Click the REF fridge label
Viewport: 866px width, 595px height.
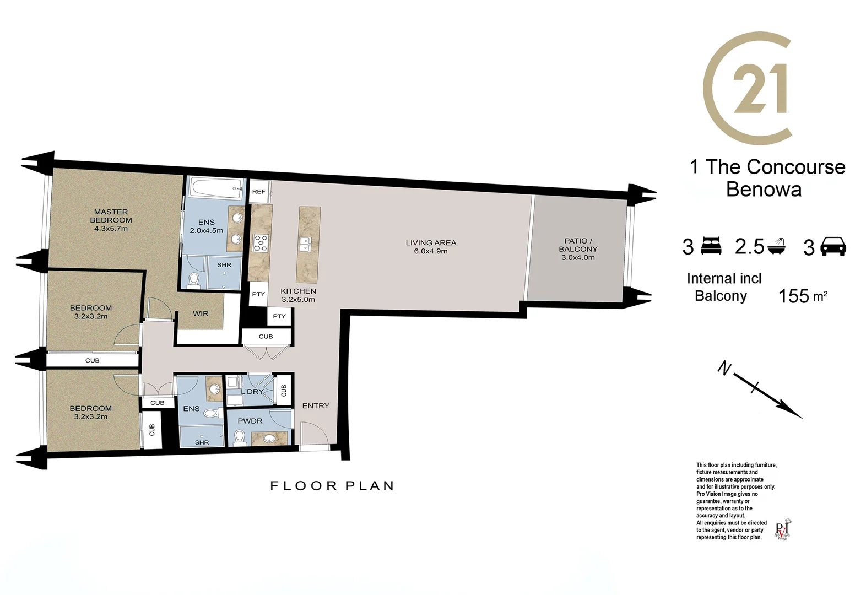258,192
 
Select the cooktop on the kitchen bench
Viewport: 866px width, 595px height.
260,243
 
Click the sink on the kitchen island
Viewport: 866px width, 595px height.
305,243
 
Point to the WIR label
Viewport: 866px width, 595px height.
201,314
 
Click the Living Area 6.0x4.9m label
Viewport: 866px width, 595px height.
431,247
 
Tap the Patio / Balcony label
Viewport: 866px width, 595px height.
577,249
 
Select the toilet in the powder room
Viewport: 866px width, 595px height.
239,437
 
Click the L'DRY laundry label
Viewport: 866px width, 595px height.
252,392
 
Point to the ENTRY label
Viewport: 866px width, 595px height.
316,406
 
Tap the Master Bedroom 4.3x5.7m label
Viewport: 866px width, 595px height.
111,220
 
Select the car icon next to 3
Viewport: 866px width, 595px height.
833,246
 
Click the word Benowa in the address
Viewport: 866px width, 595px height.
764,190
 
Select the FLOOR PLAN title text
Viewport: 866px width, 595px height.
332,486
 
